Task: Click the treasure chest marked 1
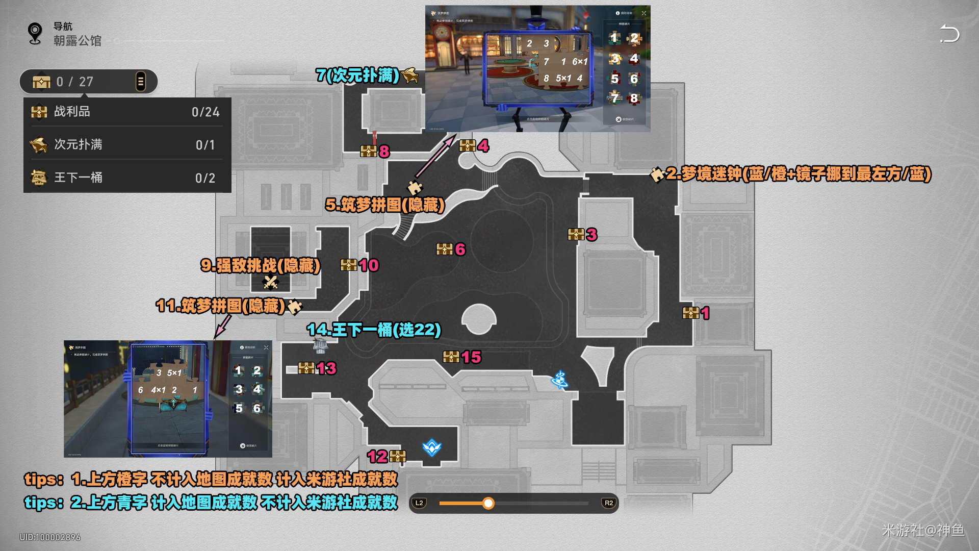[x=691, y=313]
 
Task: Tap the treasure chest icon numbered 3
[x=576, y=234]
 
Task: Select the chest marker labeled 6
[x=445, y=249]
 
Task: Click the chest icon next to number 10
[x=349, y=265]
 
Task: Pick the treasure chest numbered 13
[x=306, y=368]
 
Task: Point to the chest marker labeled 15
[x=451, y=357]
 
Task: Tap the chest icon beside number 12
[x=398, y=456]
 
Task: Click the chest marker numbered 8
[x=369, y=151]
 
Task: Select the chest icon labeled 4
[x=468, y=146]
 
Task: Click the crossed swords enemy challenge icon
[x=270, y=282]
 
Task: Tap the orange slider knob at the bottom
[x=488, y=504]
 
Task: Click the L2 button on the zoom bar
[x=419, y=503]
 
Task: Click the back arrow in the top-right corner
[x=949, y=34]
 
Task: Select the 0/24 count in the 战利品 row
[x=205, y=112]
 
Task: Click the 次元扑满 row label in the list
[x=78, y=144]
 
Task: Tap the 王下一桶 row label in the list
[x=78, y=178]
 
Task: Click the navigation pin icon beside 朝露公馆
[x=35, y=34]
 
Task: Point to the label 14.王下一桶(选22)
[x=374, y=330]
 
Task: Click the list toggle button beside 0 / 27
[x=140, y=82]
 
